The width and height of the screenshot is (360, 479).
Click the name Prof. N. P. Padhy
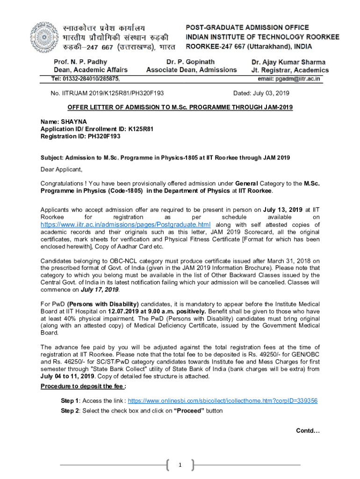point(80,62)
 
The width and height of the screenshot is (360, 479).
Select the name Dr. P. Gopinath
point(191,62)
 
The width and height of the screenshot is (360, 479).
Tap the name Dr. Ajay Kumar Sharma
point(288,62)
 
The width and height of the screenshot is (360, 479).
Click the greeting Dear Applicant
point(61,169)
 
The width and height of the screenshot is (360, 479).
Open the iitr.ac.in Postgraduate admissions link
point(125,225)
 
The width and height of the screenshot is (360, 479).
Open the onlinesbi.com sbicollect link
point(223,401)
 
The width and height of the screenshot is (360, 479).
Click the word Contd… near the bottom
point(308,431)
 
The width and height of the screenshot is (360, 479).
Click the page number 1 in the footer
point(180,465)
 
